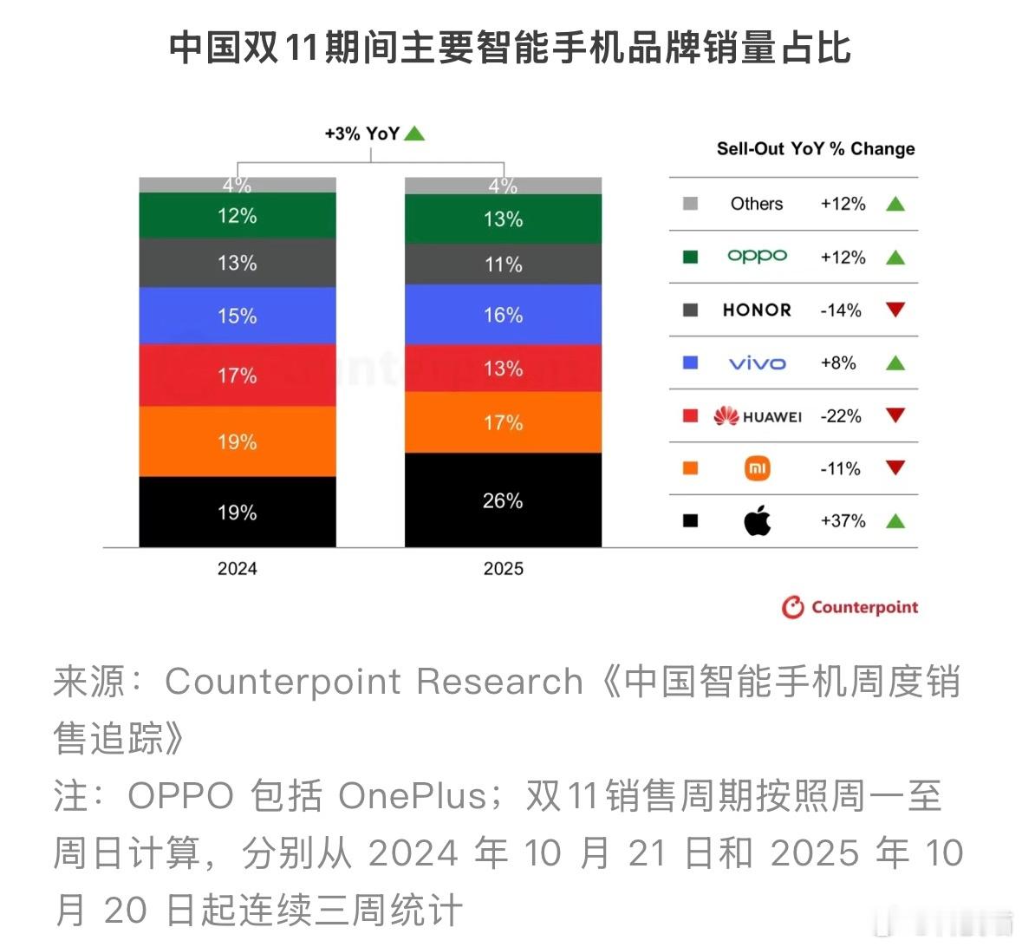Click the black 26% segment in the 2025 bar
503,500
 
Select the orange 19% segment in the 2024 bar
237,441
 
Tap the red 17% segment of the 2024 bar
237,376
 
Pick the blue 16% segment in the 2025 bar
503,315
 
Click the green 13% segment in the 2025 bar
503,219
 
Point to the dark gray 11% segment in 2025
503,265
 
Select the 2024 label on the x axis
237,569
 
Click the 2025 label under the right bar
503,569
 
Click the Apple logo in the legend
757,521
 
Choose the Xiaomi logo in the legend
757,469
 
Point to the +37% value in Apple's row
843,521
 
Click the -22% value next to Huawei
841,416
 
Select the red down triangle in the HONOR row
895,310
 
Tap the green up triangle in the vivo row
895,363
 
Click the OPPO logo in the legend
757,257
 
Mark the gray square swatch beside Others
690,204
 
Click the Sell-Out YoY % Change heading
815,149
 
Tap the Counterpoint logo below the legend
849,607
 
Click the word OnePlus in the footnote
413,796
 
